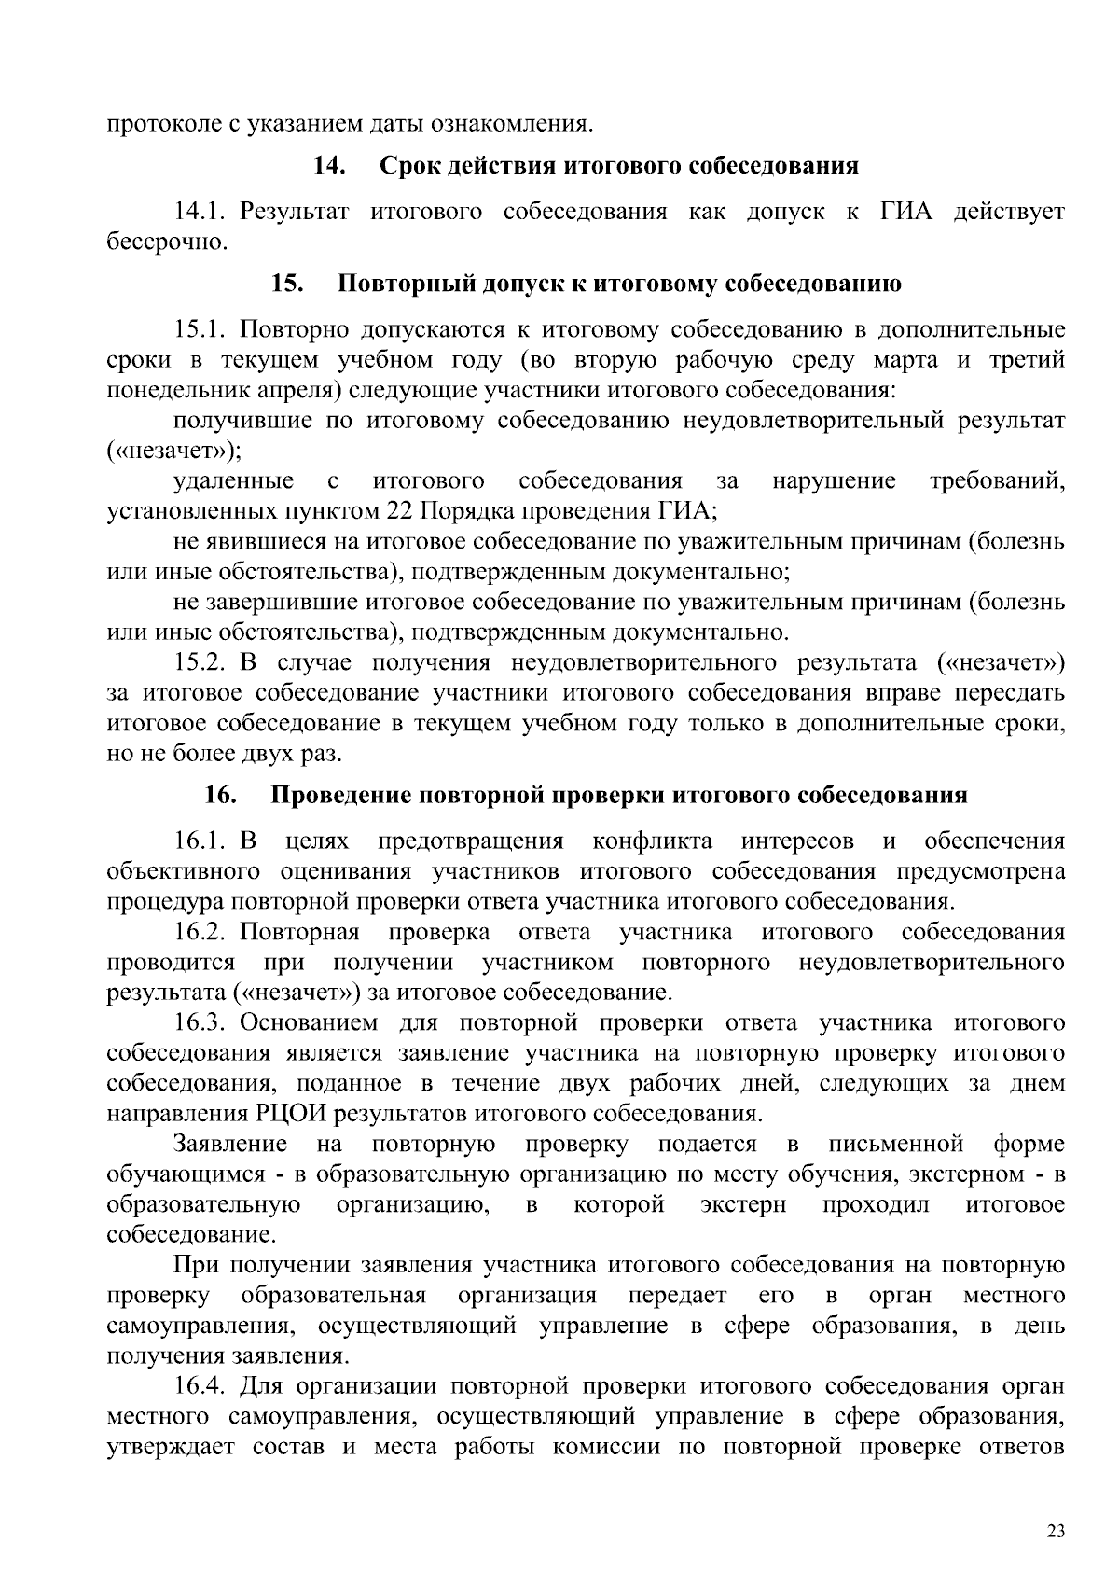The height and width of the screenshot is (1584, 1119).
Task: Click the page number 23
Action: [1056, 1532]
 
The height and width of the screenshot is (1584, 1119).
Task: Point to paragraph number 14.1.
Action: [200, 212]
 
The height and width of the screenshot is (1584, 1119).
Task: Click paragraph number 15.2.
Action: [200, 663]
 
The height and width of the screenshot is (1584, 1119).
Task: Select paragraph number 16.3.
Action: [200, 1023]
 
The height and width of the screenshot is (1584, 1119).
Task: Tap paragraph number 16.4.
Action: [200, 1386]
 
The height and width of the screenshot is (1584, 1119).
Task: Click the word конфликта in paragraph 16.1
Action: [653, 841]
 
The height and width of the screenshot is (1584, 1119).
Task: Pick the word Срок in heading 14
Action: [410, 166]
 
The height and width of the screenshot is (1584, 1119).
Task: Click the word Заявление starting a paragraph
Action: [229, 1144]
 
